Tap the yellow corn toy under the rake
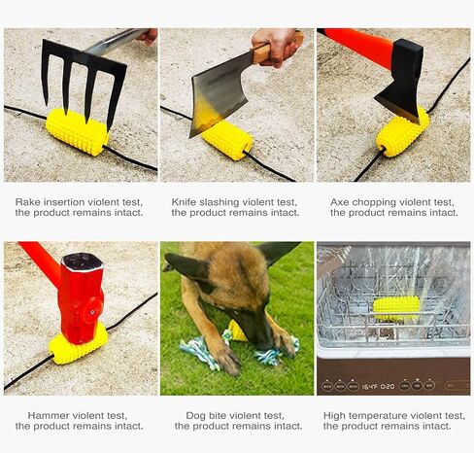(x=77, y=131)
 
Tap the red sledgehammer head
(x=81, y=298)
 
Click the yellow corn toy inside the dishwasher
(x=395, y=308)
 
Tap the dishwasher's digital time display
(x=378, y=387)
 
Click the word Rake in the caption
(x=28, y=202)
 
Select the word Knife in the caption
(x=184, y=202)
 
